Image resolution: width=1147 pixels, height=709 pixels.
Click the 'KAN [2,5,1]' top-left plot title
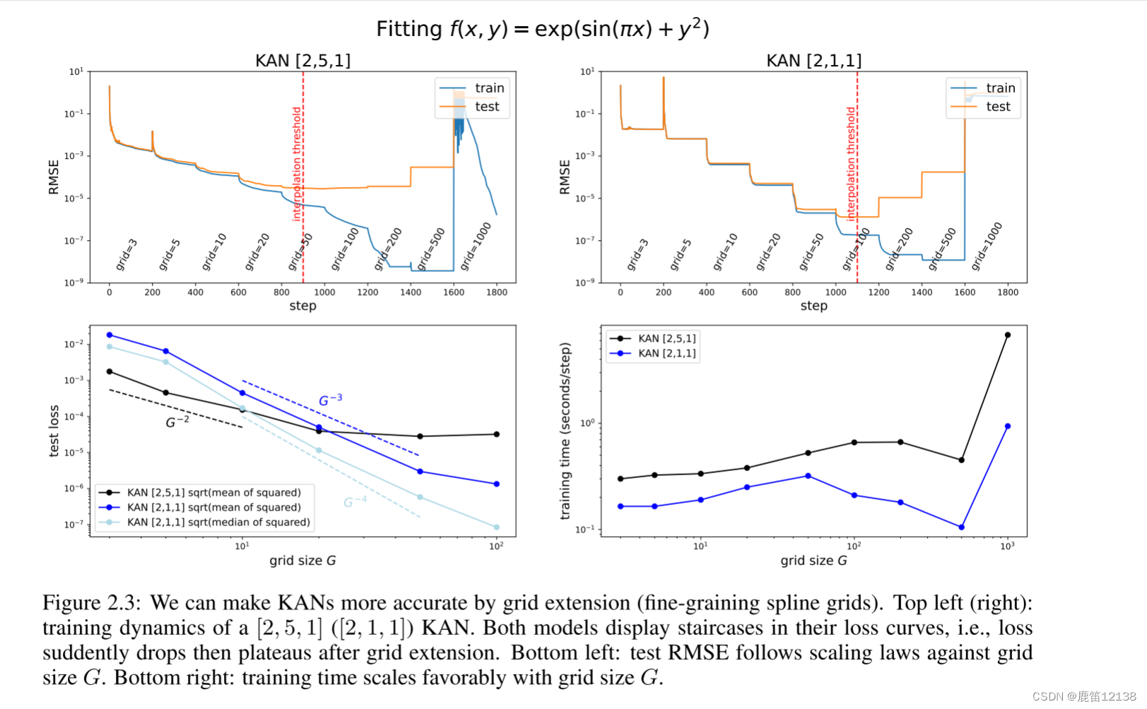[302, 61]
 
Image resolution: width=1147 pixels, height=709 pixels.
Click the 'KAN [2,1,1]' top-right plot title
[813, 61]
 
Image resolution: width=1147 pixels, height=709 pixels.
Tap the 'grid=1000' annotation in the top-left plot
[476, 246]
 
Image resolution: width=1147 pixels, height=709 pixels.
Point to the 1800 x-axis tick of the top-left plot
[497, 292]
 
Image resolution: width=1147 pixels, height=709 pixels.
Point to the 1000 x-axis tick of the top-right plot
[835, 292]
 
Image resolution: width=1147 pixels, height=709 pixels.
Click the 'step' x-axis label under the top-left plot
[302, 306]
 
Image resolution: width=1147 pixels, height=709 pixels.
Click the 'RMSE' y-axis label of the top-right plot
[565, 177]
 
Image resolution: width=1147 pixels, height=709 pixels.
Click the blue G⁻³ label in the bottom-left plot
[330, 400]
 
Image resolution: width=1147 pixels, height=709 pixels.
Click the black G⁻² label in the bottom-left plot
[177, 422]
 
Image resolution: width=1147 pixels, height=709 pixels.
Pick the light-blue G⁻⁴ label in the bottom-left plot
[355, 502]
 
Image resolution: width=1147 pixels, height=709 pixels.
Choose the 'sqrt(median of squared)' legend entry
[218, 523]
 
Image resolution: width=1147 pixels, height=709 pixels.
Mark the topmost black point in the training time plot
[1007, 335]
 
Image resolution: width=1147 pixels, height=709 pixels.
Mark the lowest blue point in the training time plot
[961, 528]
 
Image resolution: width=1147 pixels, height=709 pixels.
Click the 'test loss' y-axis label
[54, 431]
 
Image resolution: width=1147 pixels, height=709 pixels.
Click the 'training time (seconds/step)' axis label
[565, 431]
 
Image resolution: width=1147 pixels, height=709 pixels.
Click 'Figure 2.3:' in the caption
[91, 603]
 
